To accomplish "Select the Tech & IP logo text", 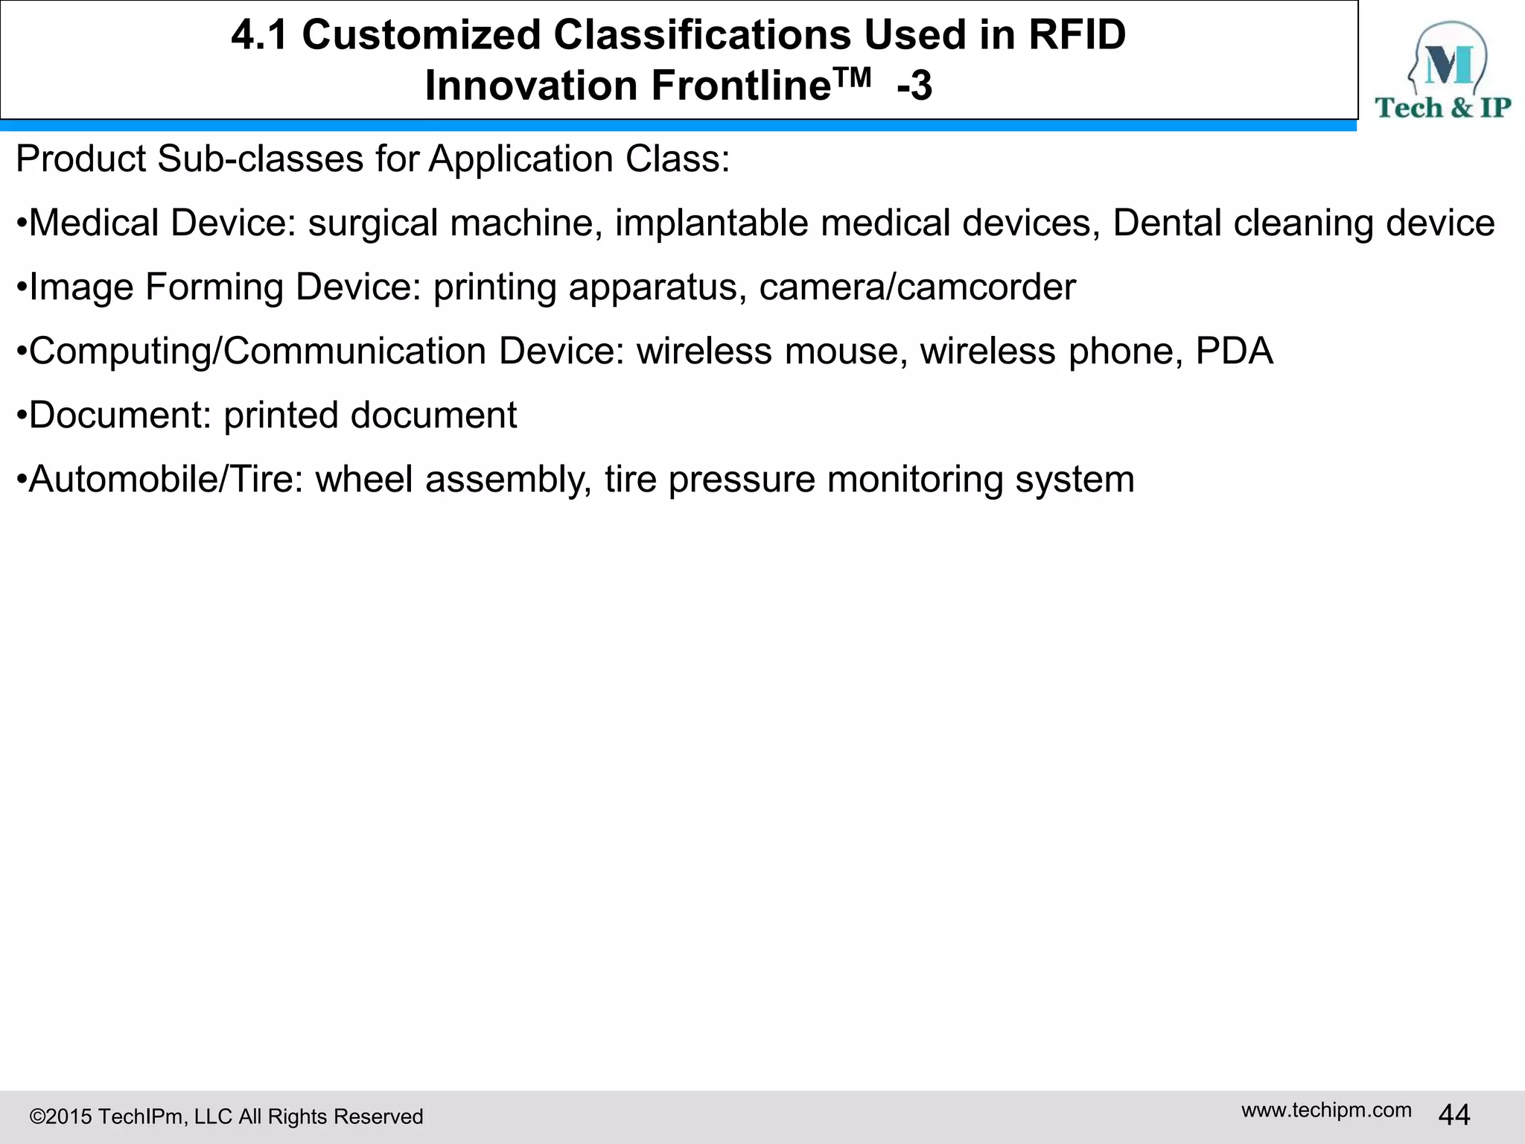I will (1442, 108).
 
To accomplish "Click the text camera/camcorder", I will (917, 287).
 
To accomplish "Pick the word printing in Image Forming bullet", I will (494, 287).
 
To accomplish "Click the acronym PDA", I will (1234, 351).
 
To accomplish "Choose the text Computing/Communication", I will (257, 351).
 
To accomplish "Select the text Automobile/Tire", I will (160, 479).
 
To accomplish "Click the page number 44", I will (1454, 1115).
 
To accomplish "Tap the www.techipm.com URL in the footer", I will (1326, 1110).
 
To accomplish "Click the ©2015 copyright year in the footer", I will (61, 1116).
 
